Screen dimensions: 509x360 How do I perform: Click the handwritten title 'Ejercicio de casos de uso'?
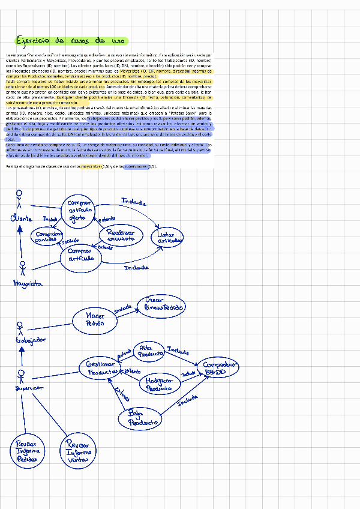(x=70, y=41)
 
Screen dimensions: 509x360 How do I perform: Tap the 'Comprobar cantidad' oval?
(x=49, y=237)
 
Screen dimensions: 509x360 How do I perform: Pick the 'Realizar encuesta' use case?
(x=121, y=236)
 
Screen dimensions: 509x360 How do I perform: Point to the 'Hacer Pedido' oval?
(x=95, y=319)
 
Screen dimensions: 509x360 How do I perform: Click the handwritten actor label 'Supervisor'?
(x=28, y=388)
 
